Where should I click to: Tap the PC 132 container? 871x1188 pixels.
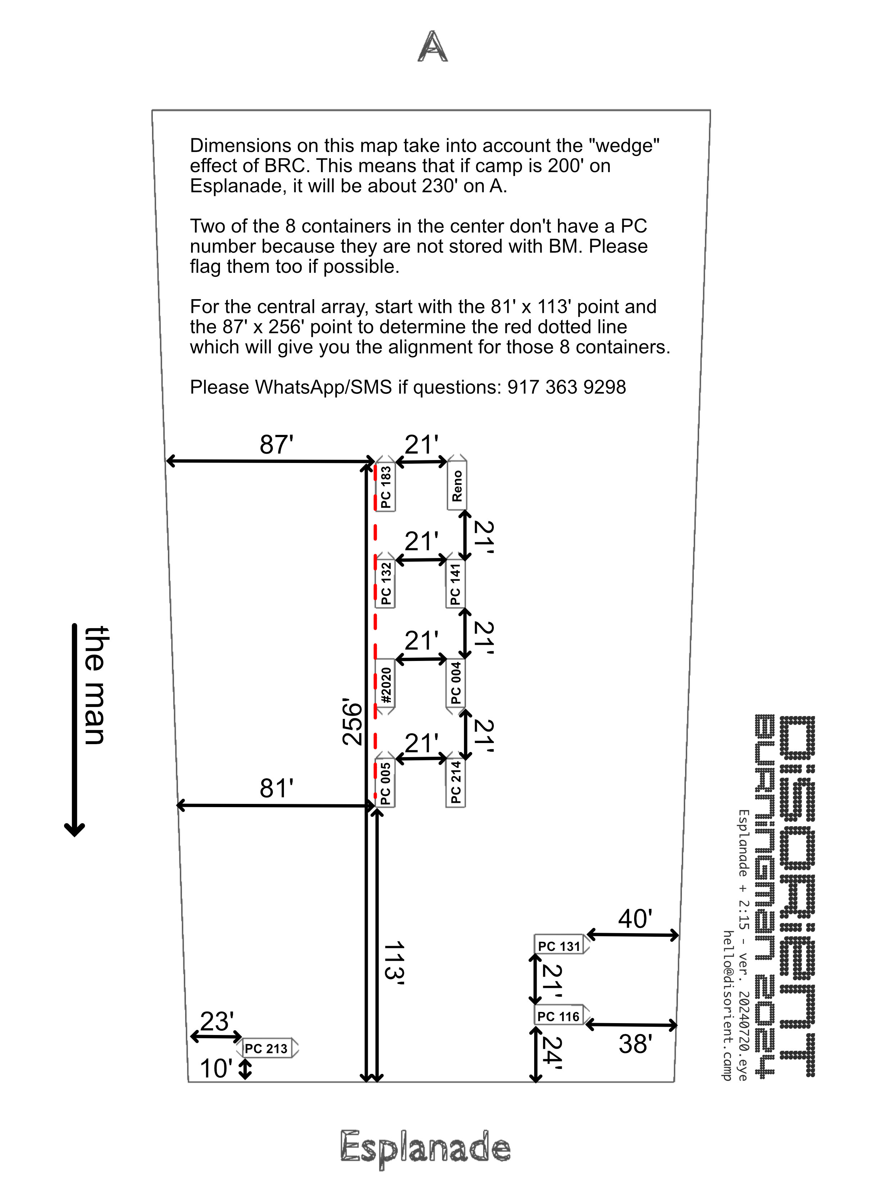pos(385,583)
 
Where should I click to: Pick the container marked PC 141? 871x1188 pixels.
pos(456,583)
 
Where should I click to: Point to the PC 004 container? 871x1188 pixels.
pos(456,683)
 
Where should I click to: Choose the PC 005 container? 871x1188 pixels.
pos(385,783)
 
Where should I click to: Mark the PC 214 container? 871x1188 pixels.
pos(456,783)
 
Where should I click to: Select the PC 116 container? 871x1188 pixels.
pos(559,1016)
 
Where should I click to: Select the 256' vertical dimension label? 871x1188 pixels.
pos(353,723)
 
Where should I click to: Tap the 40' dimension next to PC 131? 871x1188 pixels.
pos(635,919)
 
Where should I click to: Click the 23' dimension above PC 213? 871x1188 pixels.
pos(217,1021)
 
